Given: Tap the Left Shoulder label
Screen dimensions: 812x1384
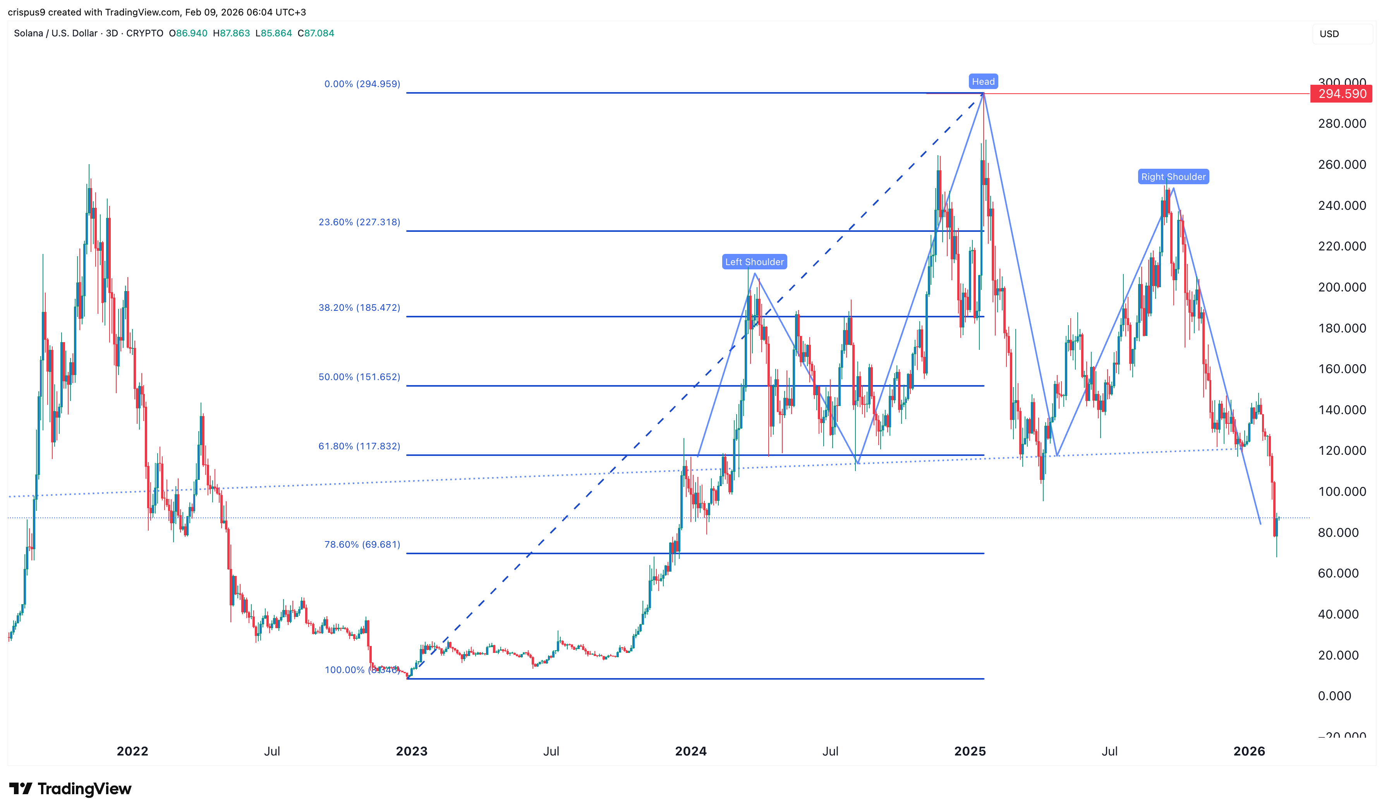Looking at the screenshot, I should [754, 262].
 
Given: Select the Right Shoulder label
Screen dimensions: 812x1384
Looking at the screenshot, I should [1173, 177].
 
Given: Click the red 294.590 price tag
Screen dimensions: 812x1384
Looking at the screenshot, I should [1342, 94].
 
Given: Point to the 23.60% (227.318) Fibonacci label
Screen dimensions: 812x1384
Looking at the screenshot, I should [359, 223].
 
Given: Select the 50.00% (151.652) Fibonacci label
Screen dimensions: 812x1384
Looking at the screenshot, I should [359, 377].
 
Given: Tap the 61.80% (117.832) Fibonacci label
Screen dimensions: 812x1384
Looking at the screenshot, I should [359, 446].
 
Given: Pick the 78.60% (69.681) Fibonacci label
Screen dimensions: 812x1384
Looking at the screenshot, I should [362, 545].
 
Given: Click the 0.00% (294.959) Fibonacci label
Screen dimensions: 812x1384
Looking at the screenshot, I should [362, 84].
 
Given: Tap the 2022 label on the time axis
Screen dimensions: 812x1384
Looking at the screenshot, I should [132, 751].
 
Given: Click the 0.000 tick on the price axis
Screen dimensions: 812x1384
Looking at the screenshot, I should [1334, 696].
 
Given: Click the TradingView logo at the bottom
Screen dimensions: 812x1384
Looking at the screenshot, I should [70, 789].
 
